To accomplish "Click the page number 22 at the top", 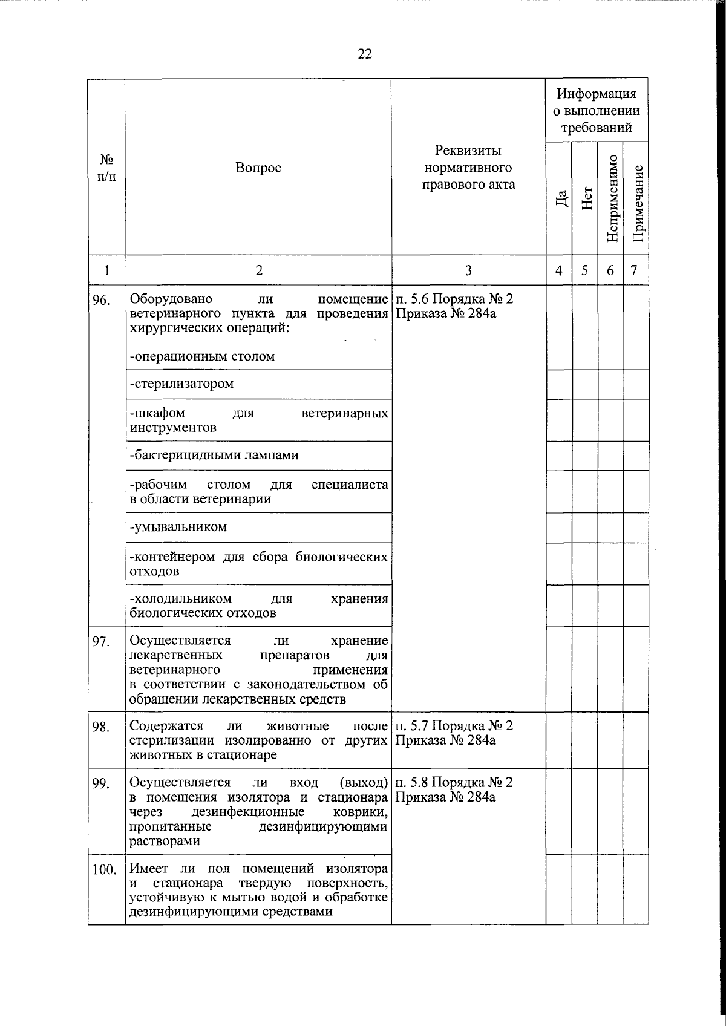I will point(365,54).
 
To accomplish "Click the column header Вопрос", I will point(258,168).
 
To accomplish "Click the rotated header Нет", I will point(586,198).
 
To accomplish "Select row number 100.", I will point(104,870).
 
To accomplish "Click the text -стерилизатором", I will point(181,384).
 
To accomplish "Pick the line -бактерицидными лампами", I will point(214,455).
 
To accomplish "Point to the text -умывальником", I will point(178,527).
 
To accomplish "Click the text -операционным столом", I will point(202,356).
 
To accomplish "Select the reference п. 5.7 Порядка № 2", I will point(454,726).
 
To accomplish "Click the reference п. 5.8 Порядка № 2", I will point(454,782).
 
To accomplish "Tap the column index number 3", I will point(468,270).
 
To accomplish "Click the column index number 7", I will point(634,270).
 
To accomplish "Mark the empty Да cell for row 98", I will point(559,740).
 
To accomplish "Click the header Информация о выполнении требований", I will point(597,111).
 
